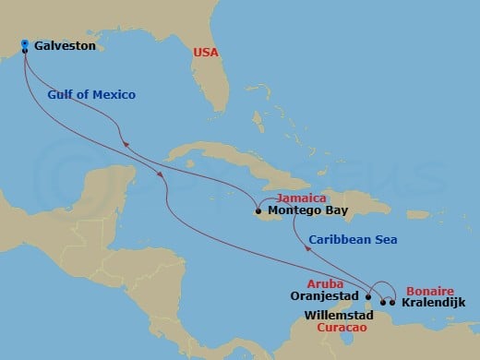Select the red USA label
[206, 53]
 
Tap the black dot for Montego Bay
[258, 210]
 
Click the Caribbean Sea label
[353, 239]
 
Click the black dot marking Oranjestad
[367, 297]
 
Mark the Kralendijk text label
[435, 302]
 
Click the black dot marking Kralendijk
[392, 302]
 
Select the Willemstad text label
[338, 315]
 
